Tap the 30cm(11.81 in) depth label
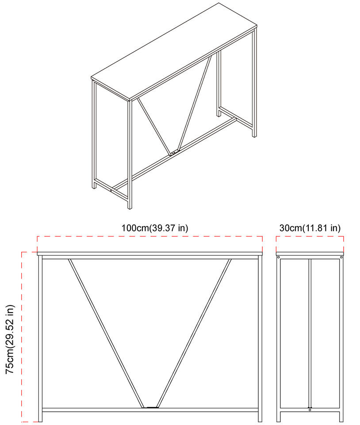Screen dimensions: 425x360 pyautogui.click(x=310, y=228)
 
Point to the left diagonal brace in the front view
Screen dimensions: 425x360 pyautogui.click(x=106, y=332)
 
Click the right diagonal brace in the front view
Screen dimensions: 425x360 pyautogui.click(x=195, y=332)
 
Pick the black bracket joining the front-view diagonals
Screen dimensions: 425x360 pyautogui.click(x=151, y=407)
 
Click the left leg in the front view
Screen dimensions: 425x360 pyautogui.click(x=40, y=336)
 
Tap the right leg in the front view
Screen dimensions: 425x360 pyautogui.click(x=260, y=336)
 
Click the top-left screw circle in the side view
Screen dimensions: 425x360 pyautogui.click(x=279, y=257)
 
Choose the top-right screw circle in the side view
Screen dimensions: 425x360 pyautogui.click(x=341, y=257)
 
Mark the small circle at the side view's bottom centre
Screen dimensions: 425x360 pyautogui.click(x=310, y=410)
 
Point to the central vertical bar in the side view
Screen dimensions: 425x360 pyautogui.click(x=310, y=332)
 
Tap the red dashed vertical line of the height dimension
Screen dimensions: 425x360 pyautogui.click(x=22, y=336)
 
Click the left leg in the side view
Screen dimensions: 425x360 pyautogui.click(x=279, y=336)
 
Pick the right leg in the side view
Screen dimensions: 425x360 pyautogui.click(x=341, y=336)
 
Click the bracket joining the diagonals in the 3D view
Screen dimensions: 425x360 pyautogui.click(x=175, y=153)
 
